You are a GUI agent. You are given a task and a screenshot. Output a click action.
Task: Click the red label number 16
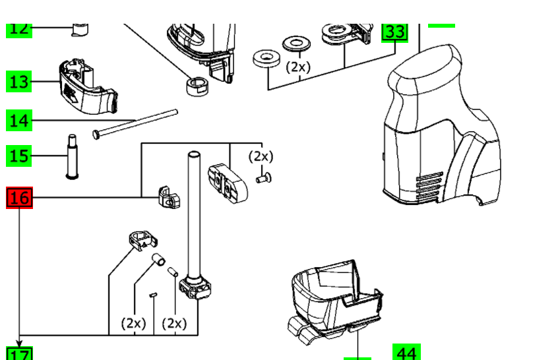point(20,197)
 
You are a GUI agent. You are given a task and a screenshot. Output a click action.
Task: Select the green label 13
point(20,82)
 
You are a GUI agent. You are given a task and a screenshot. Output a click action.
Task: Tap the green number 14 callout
point(20,121)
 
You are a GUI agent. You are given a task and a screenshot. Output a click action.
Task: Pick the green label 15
point(20,156)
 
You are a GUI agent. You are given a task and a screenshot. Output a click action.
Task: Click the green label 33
point(395,32)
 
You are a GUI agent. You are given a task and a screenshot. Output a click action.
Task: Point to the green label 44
point(406,353)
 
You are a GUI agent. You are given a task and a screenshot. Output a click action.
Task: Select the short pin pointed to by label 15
point(71,156)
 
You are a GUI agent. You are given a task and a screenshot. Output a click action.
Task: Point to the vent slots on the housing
point(429,181)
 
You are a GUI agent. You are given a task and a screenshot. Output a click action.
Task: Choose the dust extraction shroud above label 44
point(333,297)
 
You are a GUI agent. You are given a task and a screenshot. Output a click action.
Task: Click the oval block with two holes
point(224,181)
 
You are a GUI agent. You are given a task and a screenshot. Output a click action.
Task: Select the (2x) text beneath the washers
point(297,67)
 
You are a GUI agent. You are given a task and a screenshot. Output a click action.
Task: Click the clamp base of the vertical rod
point(195,287)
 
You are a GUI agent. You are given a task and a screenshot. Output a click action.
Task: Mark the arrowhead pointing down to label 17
point(20,343)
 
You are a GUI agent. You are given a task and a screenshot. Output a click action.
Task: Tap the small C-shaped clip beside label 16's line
point(168,197)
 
